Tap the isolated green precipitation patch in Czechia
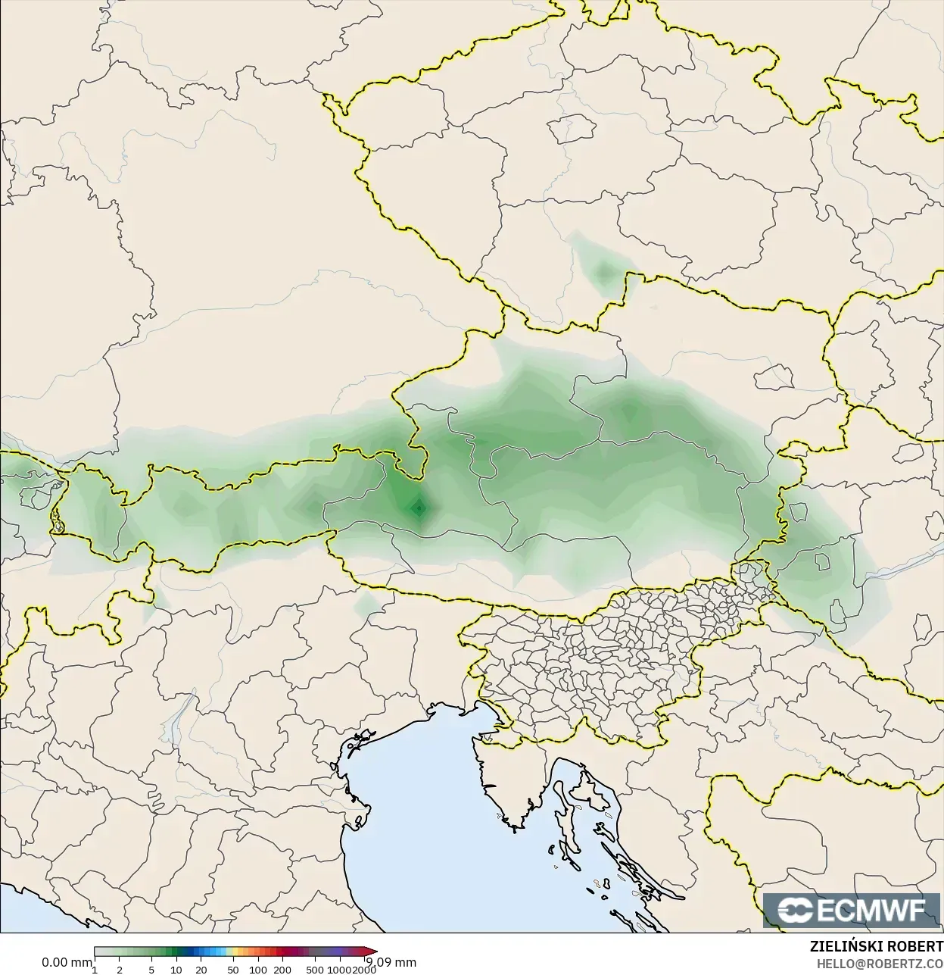(603, 270)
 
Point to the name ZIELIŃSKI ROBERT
(876, 947)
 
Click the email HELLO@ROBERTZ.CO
(879, 964)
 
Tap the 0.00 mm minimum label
(67, 962)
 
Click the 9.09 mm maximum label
(391, 962)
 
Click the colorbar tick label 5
(151, 970)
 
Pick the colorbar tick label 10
(176, 970)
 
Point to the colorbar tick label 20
(201, 970)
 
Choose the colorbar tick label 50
(233, 970)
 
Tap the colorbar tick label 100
(257, 970)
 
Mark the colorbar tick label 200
(282, 970)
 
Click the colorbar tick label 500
(315, 970)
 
